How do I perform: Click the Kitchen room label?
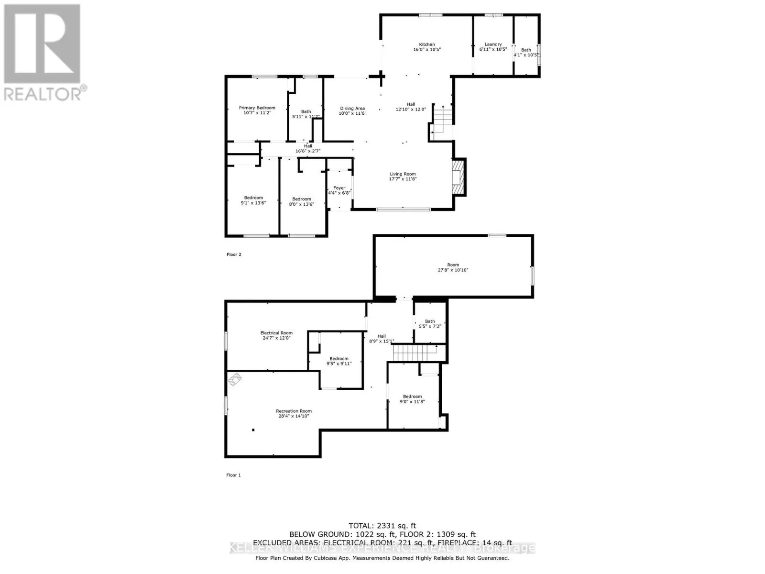pos(427,44)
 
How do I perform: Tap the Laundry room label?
pos(493,44)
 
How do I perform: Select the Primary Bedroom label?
pos(257,108)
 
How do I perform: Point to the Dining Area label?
pos(352,109)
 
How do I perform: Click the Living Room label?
pos(403,174)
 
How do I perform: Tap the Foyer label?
pos(339,188)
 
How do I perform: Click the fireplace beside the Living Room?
pos(459,177)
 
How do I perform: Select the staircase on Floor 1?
pos(415,353)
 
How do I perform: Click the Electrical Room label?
pos(276,333)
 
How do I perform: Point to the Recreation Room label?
pos(294,411)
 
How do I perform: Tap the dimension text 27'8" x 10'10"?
pos(453,270)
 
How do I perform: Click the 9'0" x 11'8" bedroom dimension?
pos(412,402)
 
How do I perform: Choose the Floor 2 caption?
pos(234,254)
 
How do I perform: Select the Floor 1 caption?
pos(233,475)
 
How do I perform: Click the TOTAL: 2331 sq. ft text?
pos(382,526)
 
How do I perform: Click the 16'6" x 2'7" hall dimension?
pos(308,151)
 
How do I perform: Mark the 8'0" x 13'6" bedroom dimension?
pos(302,204)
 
